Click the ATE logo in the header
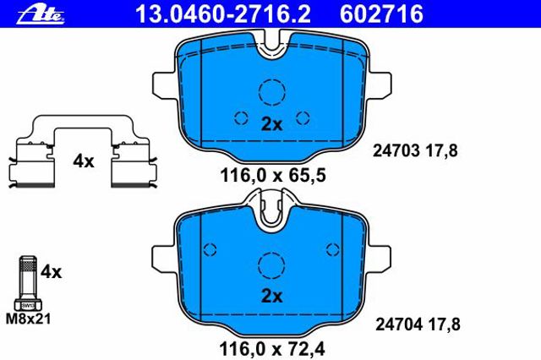[41, 14]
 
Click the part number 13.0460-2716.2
[223, 14]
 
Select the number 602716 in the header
[381, 14]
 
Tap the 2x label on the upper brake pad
[271, 124]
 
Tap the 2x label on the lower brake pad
[271, 296]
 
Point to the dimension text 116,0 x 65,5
[272, 176]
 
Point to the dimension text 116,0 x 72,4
[272, 349]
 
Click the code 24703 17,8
[415, 150]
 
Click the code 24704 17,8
[418, 325]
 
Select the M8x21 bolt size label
[28, 319]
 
